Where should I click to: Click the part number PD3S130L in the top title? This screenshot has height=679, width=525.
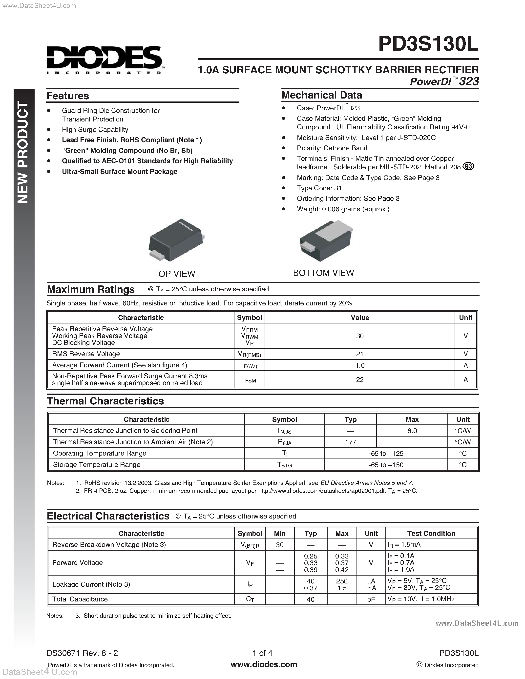[x=428, y=44]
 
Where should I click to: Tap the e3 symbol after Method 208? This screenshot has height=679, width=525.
[x=468, y=166]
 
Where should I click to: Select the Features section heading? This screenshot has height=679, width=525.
[x=68, y=96]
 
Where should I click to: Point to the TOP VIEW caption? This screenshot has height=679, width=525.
[x=174, y=274]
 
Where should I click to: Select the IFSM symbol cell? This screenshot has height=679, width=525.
[x=250, y=379]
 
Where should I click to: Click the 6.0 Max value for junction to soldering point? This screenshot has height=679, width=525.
[x=412, y=431]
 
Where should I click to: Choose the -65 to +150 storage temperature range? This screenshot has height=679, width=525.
[x=386, y=465]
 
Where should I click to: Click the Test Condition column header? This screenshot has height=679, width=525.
[x=431, y=533]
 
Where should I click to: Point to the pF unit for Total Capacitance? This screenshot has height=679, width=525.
[x=371, y=599]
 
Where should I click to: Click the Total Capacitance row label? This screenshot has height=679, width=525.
[x=80, y=599]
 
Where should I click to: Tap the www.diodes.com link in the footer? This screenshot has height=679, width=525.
[x=264, y=664]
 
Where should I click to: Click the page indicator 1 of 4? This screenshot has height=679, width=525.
[x=262, y=653]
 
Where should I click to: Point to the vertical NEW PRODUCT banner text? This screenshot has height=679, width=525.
[x=23, y=152]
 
